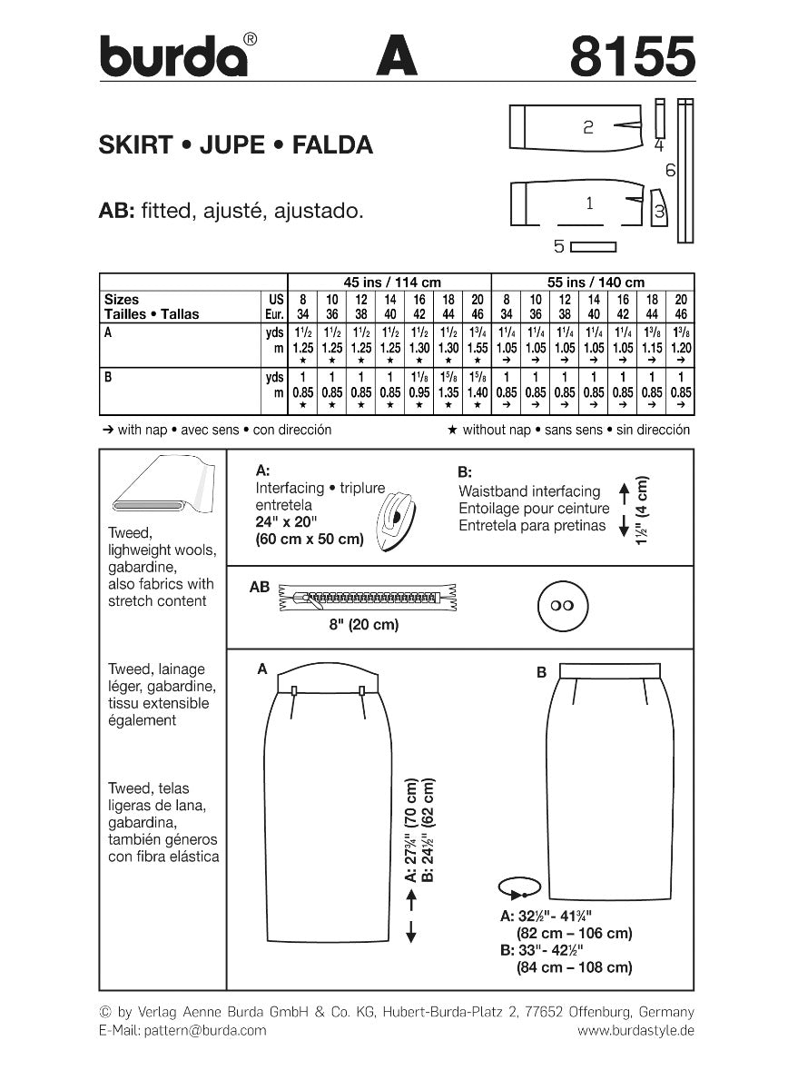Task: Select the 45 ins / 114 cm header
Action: tap(389, 282)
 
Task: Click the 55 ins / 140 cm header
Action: tap(592, 282)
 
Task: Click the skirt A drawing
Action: tap(330, 799)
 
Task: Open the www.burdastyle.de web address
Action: tap(635, 1030)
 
